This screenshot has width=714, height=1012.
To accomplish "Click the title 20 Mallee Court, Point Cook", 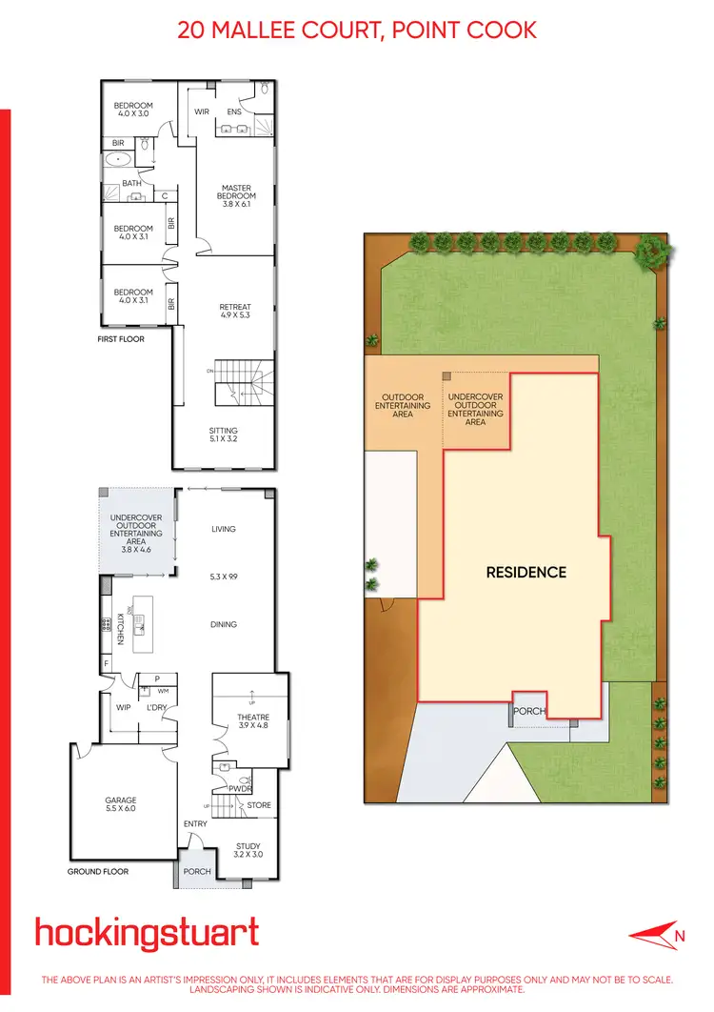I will [x=357, y=30].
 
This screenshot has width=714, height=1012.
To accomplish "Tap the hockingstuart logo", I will [x=147, y=933].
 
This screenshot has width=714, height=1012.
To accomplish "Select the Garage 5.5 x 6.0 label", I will [x=121, y=804].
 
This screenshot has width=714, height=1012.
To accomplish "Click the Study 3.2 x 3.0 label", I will [x=248, y=850].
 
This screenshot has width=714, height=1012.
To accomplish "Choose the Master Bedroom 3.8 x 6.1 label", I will [x=236, y=195].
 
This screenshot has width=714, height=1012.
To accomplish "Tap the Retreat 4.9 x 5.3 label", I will [x=234, y=312].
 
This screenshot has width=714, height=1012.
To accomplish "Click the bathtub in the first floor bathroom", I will [x=119, y=160].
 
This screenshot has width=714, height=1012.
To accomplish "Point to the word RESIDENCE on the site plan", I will [x=526, y=573].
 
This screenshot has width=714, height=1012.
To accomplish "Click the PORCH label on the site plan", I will [x=529, y=711].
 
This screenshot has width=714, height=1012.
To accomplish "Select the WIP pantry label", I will [x=122, y=708].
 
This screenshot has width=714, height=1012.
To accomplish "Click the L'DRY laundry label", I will [x=156, y=708].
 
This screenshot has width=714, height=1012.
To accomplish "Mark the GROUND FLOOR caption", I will [x=98, y=871].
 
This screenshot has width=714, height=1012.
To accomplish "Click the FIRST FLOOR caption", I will [x=121, y=338].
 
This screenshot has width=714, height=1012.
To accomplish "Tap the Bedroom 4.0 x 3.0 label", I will [x=133, y=110].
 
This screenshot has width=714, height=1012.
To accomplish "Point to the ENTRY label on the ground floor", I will [x=196, y=823].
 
